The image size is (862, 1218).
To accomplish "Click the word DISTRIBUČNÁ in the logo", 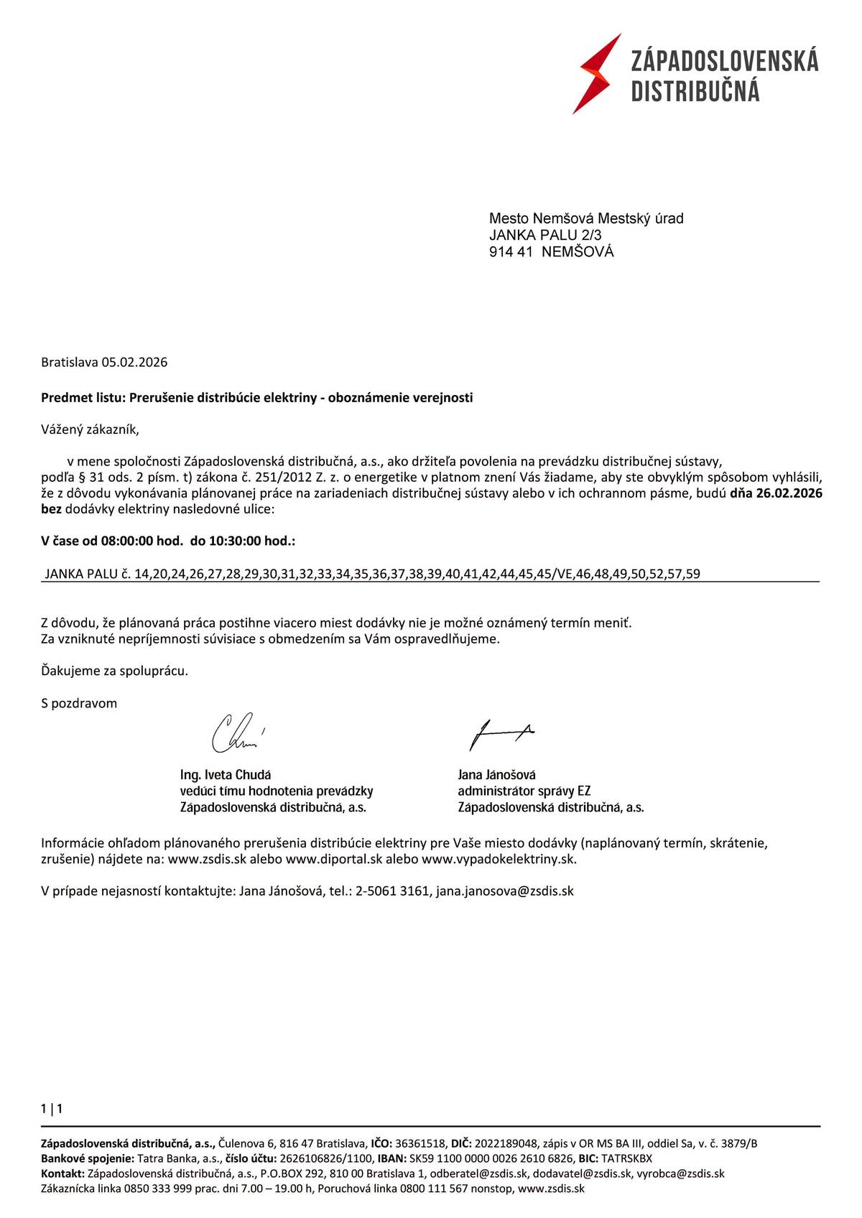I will point(695,92).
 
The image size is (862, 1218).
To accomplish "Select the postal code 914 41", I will point(511,252).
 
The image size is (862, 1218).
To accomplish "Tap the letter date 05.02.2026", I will point(134,363).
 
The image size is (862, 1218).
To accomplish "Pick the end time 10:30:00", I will point(236,541).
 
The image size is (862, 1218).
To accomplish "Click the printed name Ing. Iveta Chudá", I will point(226,775).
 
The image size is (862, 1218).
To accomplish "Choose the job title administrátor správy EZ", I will point(524,791).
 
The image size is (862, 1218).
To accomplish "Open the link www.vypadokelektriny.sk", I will point(499,859).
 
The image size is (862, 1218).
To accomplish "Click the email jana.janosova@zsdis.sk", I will point(505,891).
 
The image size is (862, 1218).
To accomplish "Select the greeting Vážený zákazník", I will point(90,430).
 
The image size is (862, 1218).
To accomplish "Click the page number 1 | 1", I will point(52,1109).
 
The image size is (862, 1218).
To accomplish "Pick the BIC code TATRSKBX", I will point(626,1158).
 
